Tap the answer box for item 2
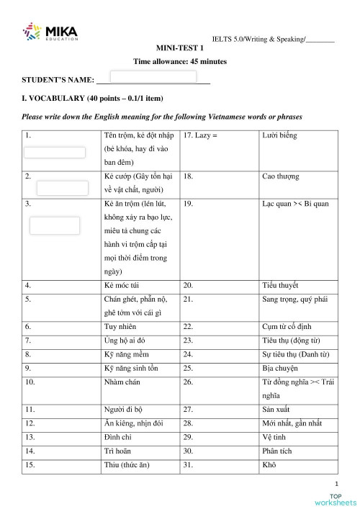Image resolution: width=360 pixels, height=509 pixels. pyautogui.click(x=62, y=189)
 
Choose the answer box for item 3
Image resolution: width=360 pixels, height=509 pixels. pyautogui.click(x=54, y=225)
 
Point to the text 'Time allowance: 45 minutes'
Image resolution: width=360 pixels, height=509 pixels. pyautogui.click(x=180, y=62)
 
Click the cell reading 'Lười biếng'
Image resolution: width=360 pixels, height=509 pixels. pyautogui.click(x=280, y=135)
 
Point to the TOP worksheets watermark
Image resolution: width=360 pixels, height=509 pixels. pyautogui.click(x=335, y=499)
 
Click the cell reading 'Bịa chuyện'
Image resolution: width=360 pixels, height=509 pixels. pyautogui.click(x=279, y=367)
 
